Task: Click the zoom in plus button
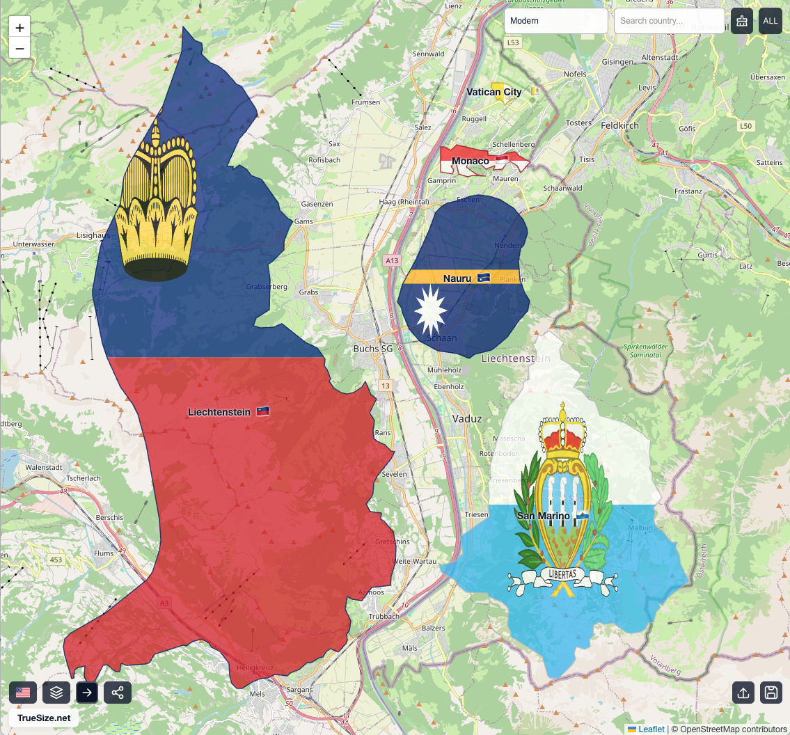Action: tap(19, 28)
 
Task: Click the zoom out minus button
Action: tap(19, 49)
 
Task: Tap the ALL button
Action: tap(771, 21)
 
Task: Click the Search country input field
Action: tap(668, 21)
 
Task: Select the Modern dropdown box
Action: tap(555, 21)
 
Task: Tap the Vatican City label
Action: tap(493, 92)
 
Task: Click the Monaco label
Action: tap(471, 161)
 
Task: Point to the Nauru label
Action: tap(457, 278)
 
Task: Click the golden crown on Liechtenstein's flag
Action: tap(158, 202)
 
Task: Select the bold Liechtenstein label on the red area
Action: tap(219, 412)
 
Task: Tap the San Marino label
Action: tap(543, 516)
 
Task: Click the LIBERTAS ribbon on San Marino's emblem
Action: tap(562, 575)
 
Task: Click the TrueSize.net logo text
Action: tap(44, 718)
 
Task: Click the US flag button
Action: tap(23, 693)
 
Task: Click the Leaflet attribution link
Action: tap(651, 729)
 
